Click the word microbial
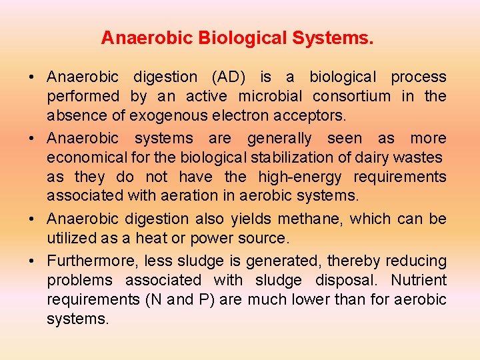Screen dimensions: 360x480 tap(271, 97)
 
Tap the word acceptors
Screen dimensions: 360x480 tap(313, 116)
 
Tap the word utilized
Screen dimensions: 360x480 tap(70, 238)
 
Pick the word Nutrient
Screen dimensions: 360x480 tap(419, 280)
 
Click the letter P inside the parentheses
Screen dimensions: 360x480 tap(203, 299)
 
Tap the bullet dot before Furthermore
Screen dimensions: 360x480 tap(33, 261)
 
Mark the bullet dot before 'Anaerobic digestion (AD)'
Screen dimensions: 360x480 tap(33, 77)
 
